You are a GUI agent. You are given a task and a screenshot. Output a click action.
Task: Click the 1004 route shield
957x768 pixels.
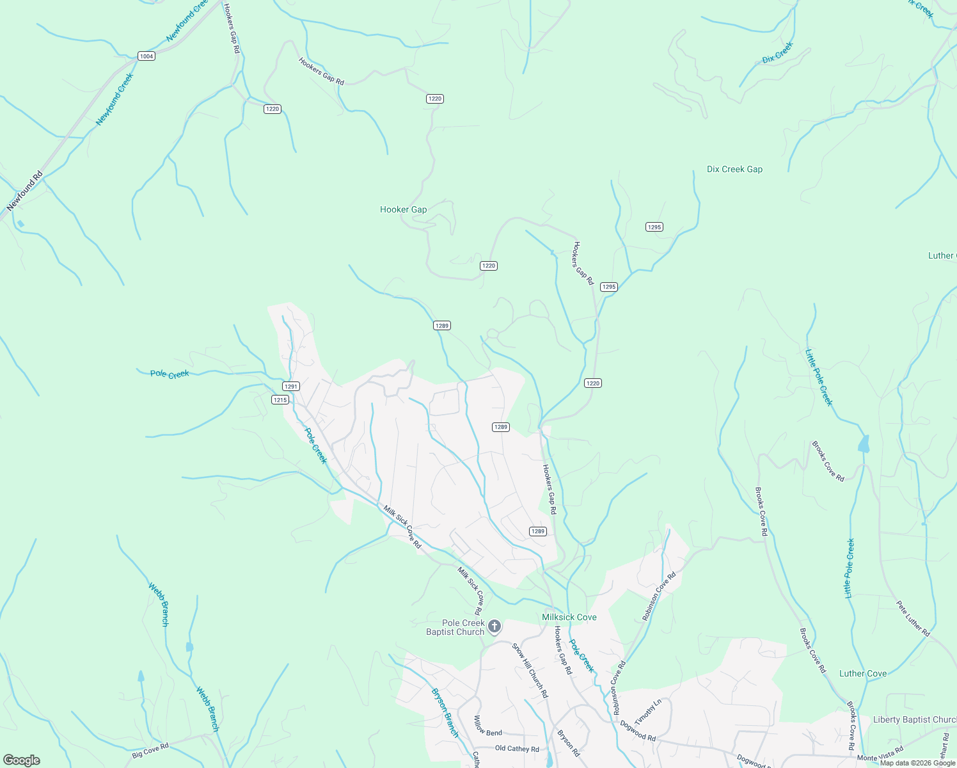pos(146,56)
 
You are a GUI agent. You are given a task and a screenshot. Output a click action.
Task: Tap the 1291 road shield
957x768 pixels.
pos(291,387)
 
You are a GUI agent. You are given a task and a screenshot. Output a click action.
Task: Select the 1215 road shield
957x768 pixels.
pos(280,400)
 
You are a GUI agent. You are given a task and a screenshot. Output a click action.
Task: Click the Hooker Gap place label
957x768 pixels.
pos(403,209)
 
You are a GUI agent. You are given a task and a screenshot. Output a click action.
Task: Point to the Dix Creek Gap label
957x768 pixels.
pos(734,170)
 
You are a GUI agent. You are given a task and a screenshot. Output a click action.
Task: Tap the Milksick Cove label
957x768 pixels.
pos(569,617)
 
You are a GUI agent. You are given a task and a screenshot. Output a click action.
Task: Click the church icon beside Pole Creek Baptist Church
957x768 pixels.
pos(494,627)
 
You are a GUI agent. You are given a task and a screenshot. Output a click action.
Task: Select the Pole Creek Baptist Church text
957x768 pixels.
pos(455,627)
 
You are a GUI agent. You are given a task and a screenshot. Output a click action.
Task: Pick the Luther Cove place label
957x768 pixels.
pos(862,673)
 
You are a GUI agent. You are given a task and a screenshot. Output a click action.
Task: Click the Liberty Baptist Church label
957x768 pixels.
pos(914,719)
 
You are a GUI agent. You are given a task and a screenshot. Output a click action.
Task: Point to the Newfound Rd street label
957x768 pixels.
pos(25,191)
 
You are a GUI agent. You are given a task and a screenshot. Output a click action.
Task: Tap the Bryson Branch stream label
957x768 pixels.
pos(445,712)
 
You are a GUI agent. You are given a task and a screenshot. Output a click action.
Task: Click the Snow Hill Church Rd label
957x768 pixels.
pos(530,669)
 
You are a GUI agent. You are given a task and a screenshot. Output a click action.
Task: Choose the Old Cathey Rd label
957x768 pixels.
pos(517,749)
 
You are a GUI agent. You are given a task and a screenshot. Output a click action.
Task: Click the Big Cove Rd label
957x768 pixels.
pos(150,751)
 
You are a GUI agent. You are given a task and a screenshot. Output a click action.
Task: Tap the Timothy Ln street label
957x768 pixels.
pos(647,712)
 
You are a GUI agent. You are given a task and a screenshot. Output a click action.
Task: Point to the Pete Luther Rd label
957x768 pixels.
pos(913,618)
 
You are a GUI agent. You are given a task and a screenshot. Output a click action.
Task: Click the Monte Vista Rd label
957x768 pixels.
pos(880,754)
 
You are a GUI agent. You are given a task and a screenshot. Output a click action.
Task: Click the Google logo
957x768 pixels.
pos(21,760)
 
